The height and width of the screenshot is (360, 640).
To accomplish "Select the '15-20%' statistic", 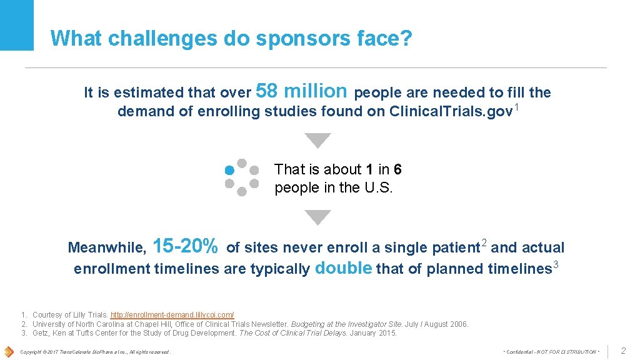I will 185,246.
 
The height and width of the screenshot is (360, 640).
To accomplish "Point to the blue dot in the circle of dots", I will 229,169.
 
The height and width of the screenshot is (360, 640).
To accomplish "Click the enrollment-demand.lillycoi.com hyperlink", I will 172,315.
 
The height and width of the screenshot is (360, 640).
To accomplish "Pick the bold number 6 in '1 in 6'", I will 397,169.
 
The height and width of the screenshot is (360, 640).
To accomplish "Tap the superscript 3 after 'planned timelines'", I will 556,265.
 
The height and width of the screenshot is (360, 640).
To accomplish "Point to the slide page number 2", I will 622,351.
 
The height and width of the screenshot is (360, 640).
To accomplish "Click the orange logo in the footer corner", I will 9,351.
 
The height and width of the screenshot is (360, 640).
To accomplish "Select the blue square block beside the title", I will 17,25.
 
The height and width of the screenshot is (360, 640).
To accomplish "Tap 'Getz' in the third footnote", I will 41,333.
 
